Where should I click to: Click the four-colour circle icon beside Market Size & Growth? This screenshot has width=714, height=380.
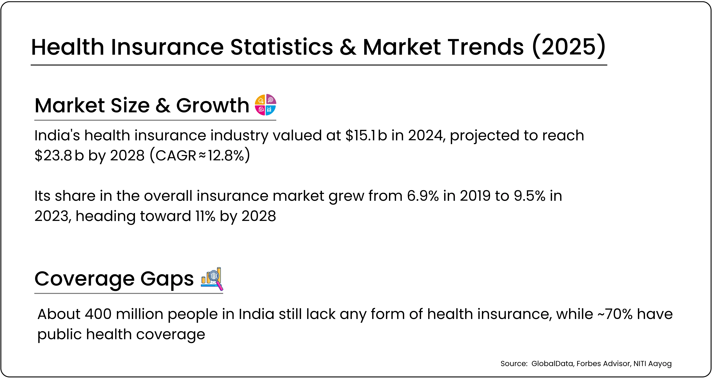(265, 105)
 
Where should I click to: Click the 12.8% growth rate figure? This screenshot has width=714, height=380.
(226, 155)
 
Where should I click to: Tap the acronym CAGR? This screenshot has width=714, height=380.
(176, 155)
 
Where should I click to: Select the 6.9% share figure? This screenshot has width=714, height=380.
(423, 196)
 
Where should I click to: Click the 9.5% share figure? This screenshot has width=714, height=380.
(529, 196)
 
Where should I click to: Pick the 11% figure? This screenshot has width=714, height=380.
(205, 216)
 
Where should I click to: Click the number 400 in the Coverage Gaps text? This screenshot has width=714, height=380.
(98, 314)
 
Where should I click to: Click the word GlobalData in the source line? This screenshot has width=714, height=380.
(552, 364)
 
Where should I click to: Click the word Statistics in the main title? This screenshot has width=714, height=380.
(281, 47)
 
